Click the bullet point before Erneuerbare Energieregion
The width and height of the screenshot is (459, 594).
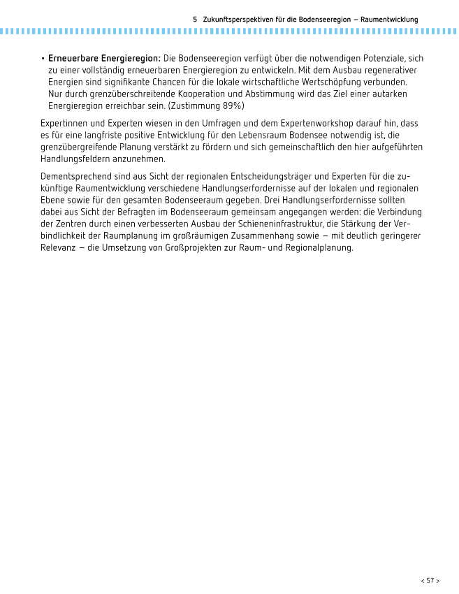43,58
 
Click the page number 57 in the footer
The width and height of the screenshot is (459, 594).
430,580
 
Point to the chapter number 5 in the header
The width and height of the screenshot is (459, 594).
195,20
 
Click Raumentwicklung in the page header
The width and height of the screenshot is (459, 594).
389,20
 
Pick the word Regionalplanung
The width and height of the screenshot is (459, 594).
317,247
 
